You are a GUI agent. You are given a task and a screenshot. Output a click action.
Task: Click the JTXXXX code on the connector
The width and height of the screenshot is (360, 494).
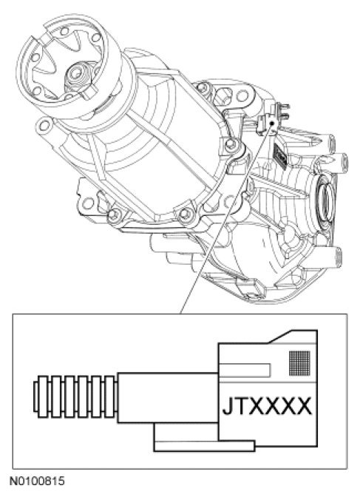tap(267, 406)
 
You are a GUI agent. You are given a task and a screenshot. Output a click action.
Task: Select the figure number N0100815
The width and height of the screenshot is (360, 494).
tap(38, 481)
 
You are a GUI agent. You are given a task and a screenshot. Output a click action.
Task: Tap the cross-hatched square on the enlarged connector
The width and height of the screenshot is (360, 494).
tap(299, 363)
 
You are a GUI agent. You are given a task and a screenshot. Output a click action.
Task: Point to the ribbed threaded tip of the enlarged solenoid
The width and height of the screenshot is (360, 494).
tap(75, 396)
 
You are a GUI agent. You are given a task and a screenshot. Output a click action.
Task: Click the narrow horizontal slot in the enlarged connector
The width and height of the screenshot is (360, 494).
tap(245, 370)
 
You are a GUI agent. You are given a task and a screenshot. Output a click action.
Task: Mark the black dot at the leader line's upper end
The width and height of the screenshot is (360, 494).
tap(272, 123)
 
